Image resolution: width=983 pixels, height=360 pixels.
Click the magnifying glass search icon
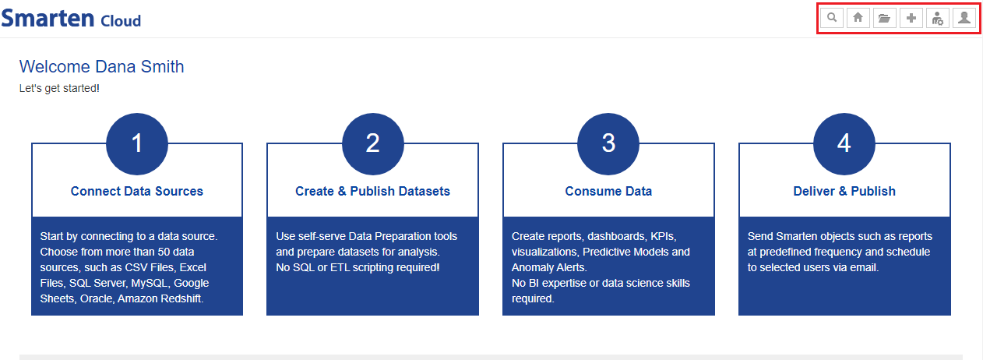point(832,18)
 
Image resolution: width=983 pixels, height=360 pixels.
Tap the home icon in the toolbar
point(858,18)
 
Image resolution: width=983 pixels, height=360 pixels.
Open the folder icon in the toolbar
point(884,18)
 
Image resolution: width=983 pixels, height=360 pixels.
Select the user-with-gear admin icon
point(937,19)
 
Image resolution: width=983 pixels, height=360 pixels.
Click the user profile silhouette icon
point(964,18)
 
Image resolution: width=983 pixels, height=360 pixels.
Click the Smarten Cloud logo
point(71,19)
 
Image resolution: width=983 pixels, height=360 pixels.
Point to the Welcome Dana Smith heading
point(101,67)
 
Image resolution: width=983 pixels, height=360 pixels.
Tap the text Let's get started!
point(59,88)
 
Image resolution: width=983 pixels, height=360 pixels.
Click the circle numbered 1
point(137,143)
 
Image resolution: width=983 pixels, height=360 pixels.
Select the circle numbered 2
point(372,143)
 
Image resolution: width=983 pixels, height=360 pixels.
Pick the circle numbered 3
point(608,143)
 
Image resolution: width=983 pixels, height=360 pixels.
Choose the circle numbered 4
point(844,143)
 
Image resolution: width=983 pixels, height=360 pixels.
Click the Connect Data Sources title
point(137,191)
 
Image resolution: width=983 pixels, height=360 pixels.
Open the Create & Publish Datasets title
point(372,191)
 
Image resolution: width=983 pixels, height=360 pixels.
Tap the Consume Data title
point(608,191)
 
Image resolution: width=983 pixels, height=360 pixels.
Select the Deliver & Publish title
point(844,191)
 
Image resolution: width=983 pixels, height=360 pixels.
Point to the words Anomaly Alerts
point(548,267)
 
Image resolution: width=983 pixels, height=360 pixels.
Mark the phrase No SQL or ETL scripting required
point(357,267)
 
